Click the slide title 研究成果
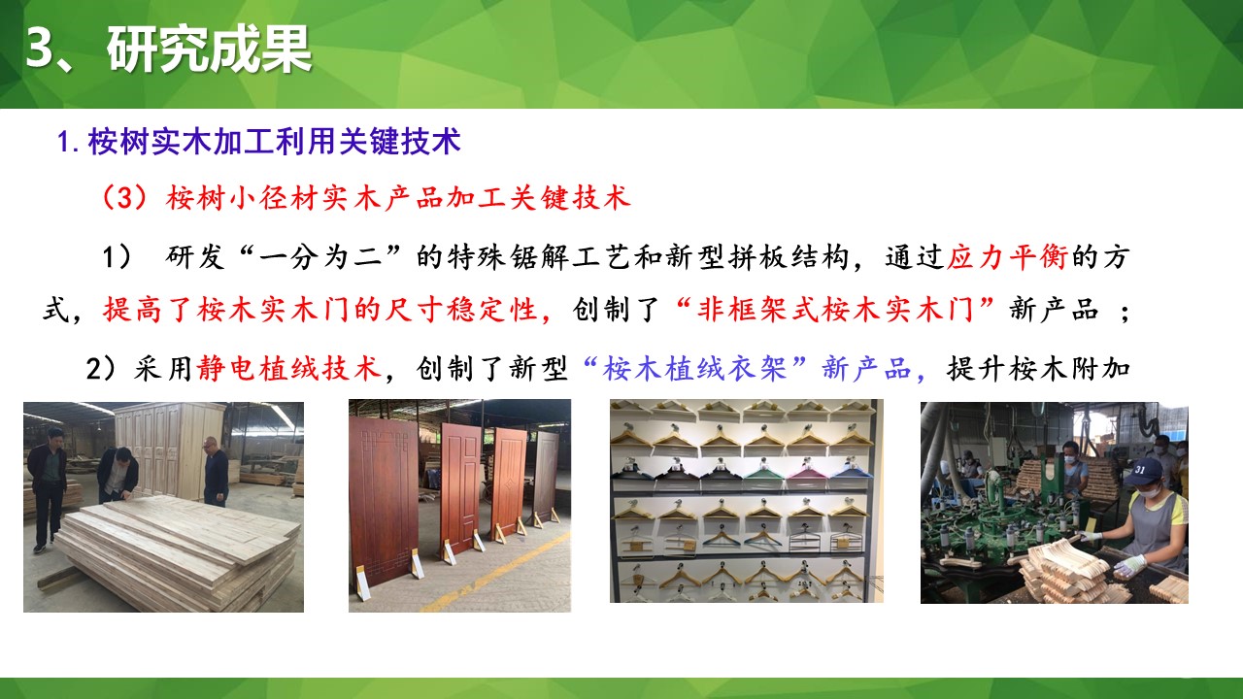click(209, 50)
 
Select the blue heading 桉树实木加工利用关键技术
click(273, 142)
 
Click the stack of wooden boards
click(175, 549)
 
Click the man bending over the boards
click(118, 476)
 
